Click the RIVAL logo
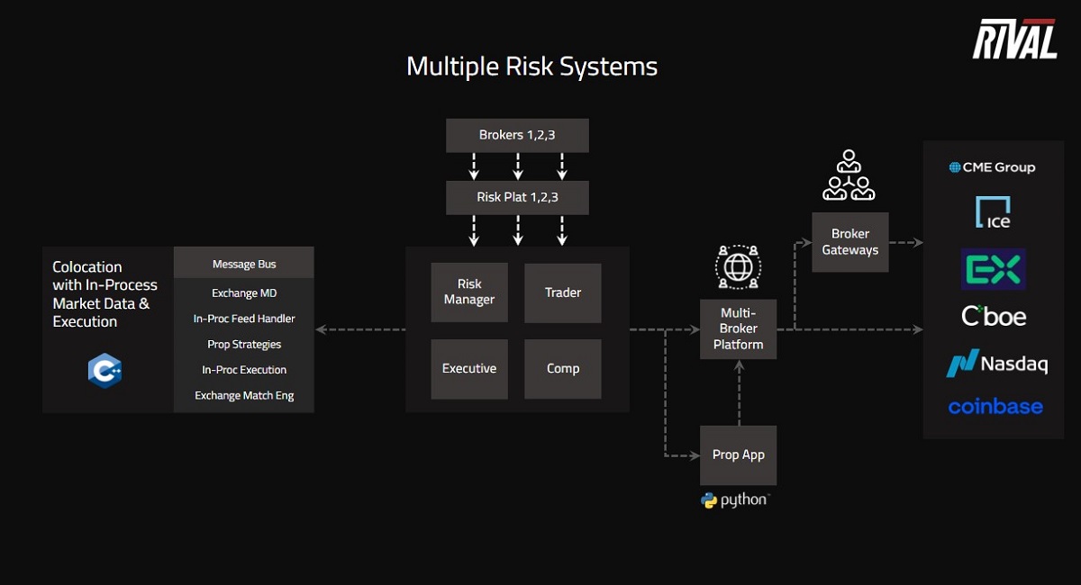(1014, 40)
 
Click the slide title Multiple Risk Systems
(531, 67)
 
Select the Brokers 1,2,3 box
(517, 136)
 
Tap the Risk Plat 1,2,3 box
(517, 197)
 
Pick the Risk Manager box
(469, 292)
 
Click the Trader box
(562, 292)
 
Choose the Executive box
(469, 369)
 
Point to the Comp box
(562, 369)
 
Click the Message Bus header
(244, 264)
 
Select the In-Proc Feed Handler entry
(244, 319)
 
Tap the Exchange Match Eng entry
(244, 395)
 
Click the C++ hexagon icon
(104, 371)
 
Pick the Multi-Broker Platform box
(738, 329)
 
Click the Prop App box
(738, 455)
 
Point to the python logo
(735, 500)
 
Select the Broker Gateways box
(849, 242)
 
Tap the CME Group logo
(992, 167)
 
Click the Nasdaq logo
(996, 364)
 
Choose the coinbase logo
(995, 407)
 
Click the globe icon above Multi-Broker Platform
(738, 266)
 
